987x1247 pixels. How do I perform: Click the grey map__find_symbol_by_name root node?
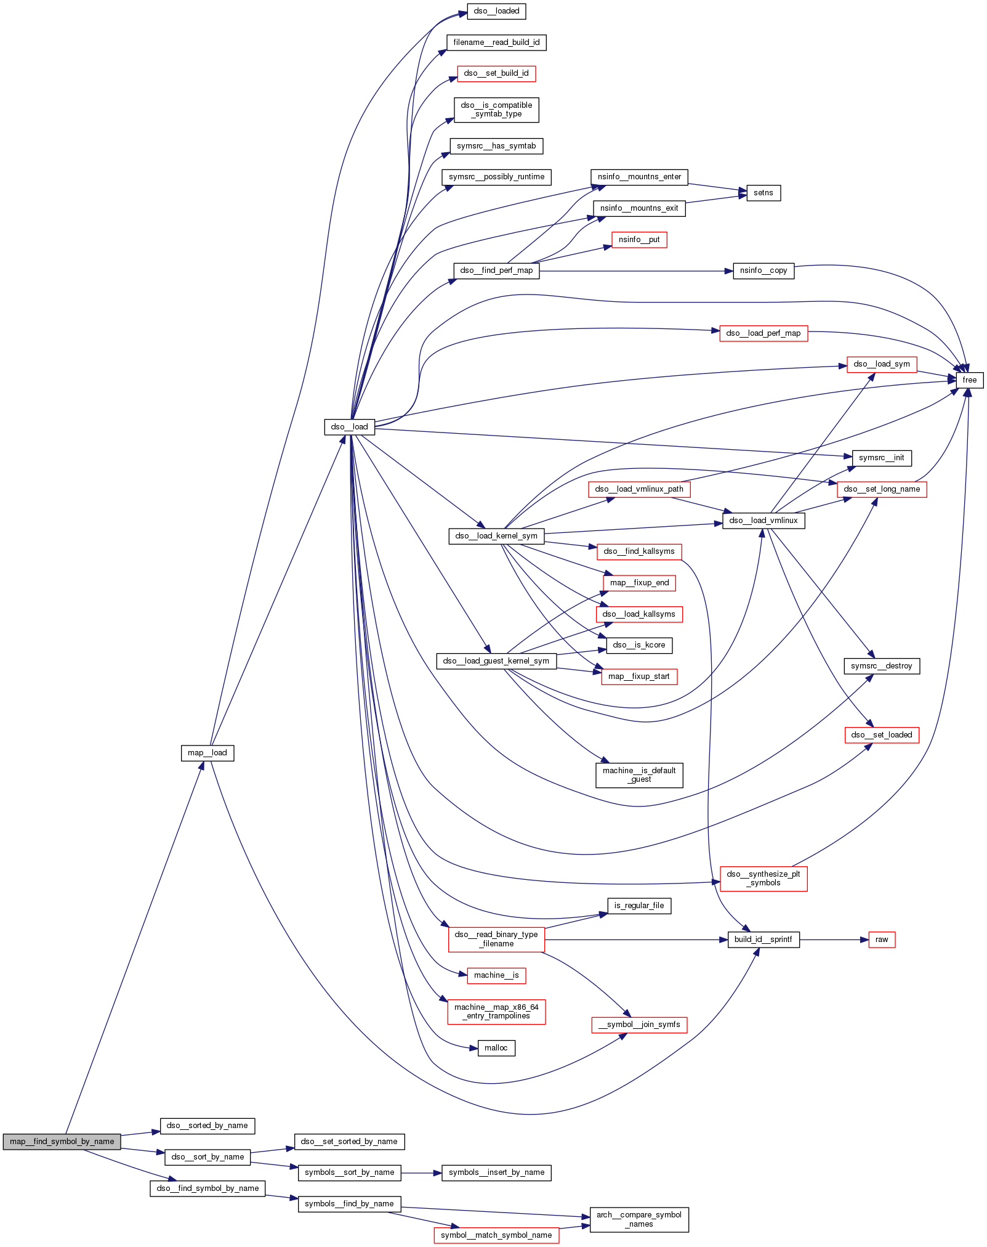pos(62,1142)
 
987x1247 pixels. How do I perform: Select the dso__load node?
pos(349,427)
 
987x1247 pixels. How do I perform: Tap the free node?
pos(969,380)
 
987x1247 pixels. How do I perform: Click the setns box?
pos(763,193)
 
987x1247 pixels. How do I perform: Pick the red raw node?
pos(881,940)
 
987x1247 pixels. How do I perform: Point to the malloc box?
pos(496,1048)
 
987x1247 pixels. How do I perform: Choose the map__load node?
pos(207,753)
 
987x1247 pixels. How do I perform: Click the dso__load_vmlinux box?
pos(763,521)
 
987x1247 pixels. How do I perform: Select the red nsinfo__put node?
pos(639,240)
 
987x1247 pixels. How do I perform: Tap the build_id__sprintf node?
pos(763,940)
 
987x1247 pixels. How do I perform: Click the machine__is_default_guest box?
pos(639,775)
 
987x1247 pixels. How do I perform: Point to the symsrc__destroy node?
pos(881,666)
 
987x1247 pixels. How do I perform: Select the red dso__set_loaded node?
pos(881,735)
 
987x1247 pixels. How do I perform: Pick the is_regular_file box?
pos(639,906)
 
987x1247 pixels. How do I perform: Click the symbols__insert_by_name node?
pos(496,1172)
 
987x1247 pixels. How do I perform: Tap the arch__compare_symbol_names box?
pos(639,1219)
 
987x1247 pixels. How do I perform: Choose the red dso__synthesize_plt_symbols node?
pos(763,879)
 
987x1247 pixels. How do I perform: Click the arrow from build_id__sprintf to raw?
pos(834,940)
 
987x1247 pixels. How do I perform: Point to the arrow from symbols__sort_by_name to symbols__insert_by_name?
pos(421,1172)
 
